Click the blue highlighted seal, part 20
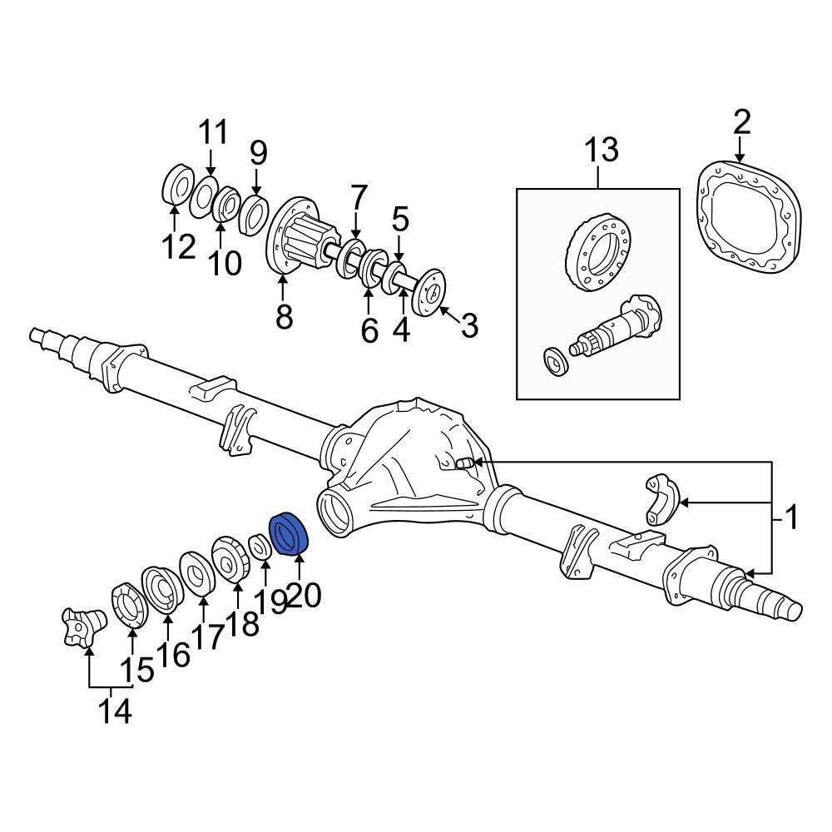tap(290, 533)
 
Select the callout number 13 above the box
tap(600, 151)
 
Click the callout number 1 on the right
tap(791, 518)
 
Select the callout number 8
tap(284, 316)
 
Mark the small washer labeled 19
tap(260, 547)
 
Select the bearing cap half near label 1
tap(663, 498)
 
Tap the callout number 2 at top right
tap(740, 121)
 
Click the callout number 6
tap(369, 330)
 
